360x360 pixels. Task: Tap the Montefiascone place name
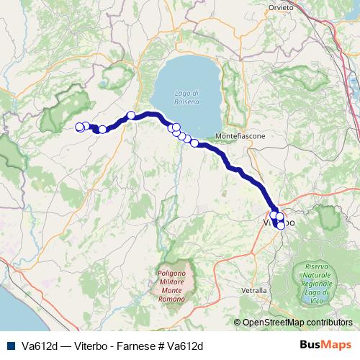point(240,135)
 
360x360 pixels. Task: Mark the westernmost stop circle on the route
point(79,127)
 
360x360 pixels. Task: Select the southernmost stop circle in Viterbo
point(280,226)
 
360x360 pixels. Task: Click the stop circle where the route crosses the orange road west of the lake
point(131,115)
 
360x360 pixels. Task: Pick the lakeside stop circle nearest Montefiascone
point(194,143)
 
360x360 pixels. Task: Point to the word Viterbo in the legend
point(89,345)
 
